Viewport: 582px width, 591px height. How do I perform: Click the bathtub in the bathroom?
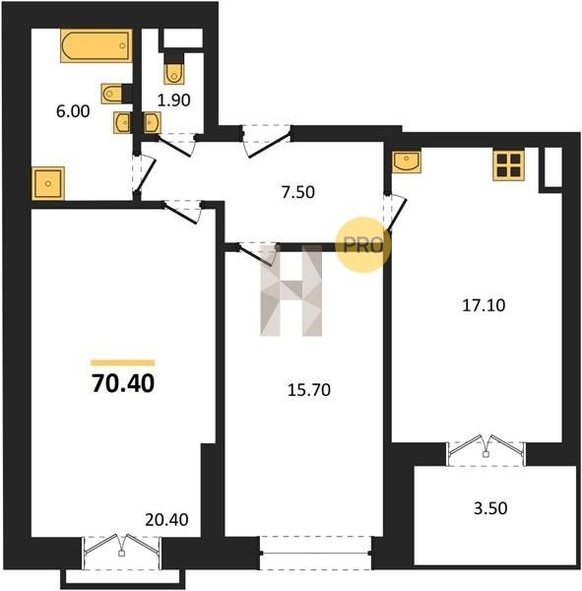click(x=97, y=45)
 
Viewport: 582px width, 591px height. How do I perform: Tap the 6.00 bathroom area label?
click(x=73, y=111)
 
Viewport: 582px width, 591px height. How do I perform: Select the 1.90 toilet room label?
click(x=173, y=100)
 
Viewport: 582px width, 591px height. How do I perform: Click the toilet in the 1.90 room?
click(x=174, y=74)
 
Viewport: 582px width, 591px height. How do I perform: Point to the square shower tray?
click(x=48, y=183)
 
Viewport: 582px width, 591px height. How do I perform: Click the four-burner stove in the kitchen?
click(x=508, y=164)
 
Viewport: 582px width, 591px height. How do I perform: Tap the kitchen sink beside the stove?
click(x=407, y=162)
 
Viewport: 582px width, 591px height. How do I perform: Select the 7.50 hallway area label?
click(x=297, y=192)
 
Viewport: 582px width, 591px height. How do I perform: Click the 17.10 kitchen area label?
click(x=484, y=305)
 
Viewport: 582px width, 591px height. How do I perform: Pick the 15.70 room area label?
click(x=309, y=390)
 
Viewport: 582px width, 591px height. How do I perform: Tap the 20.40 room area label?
click(x=166, y=520)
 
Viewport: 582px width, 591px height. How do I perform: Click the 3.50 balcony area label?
click(x=490, y=508)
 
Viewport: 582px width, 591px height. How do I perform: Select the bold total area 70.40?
click(x=123, y=384)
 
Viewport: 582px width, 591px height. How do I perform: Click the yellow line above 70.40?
click(x=123, y=362)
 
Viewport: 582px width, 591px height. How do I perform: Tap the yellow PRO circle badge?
click(x=363, y=245)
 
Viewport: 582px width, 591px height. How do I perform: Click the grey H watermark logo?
click(x=291, y=291)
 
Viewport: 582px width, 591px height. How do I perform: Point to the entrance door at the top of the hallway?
click(x=267, y=140)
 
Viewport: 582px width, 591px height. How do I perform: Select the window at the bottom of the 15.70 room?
click(x=316, y=553)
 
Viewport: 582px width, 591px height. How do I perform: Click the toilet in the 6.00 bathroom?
click(x=112, y=94)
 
